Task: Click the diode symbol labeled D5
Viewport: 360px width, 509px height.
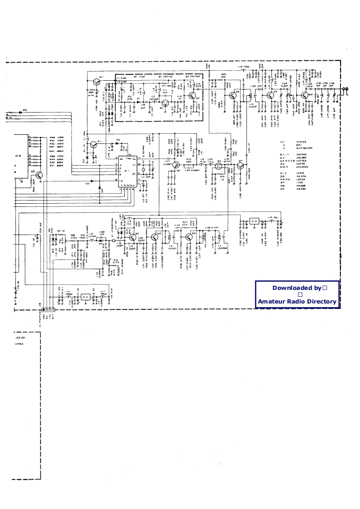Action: point(93,181)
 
